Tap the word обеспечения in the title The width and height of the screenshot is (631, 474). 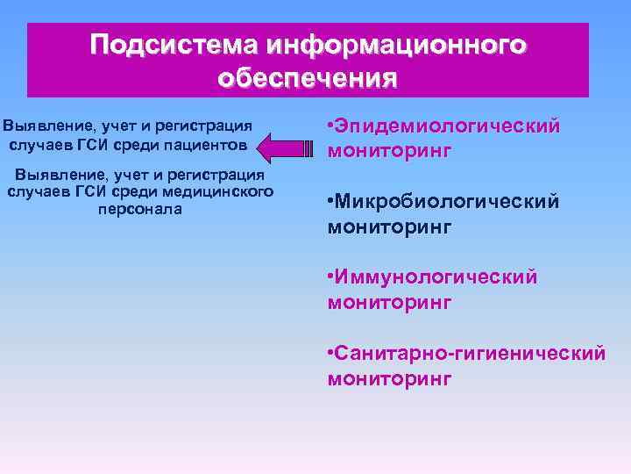(x=308, y=78)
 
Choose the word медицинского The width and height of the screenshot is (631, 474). (x=222, y=191)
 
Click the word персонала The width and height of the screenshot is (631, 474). (x=140, y=209)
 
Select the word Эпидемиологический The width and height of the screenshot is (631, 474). (x=447, y=126)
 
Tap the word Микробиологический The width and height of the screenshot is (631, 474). (x=447, y=203)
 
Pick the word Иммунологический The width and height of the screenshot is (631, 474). (x=436, y=278)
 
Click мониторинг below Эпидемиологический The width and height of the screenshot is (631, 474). (x=389, y=151)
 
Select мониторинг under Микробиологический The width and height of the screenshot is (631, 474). (x=389, y=227)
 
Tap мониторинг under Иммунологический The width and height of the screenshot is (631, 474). (x=389, y=303)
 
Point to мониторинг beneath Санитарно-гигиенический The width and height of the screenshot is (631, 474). (x=389, y=378)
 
